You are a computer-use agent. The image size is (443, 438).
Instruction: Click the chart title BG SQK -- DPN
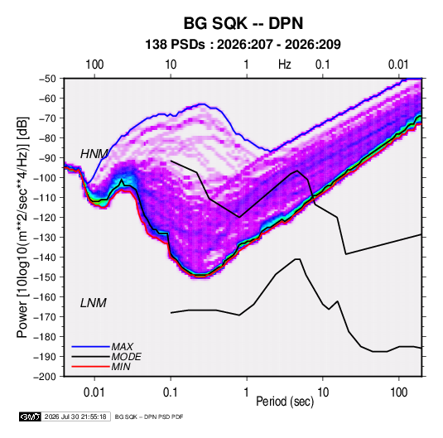[243, 23]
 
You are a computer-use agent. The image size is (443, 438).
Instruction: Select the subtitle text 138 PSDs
[175, 45]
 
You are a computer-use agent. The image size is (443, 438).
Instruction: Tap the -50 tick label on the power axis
[48, 79]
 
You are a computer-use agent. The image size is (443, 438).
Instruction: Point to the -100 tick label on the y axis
[46, 178]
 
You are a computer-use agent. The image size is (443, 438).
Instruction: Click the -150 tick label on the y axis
[46, 277]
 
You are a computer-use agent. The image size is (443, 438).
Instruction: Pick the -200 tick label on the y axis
[46, 377]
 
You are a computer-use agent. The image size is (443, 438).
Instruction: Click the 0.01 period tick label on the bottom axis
[94, 392]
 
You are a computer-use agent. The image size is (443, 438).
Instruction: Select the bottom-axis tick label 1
[247, 392]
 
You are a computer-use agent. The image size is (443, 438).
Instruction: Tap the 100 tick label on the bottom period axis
[398, 392]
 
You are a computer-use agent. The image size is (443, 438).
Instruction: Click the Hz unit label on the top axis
[285, 65]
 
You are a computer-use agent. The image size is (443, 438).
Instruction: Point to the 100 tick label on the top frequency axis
[94, 65]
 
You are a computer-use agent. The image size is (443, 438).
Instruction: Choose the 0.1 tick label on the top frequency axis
[323, 65]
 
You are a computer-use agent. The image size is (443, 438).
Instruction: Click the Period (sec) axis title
[285, 402]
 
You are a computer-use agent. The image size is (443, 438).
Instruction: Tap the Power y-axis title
[22, 227]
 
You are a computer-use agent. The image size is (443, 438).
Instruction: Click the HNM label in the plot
[94, 154]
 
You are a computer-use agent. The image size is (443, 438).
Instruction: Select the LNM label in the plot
[94, 303]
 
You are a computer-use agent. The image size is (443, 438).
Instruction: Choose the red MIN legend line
[90, 367]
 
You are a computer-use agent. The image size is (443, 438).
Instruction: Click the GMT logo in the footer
[30, 416]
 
